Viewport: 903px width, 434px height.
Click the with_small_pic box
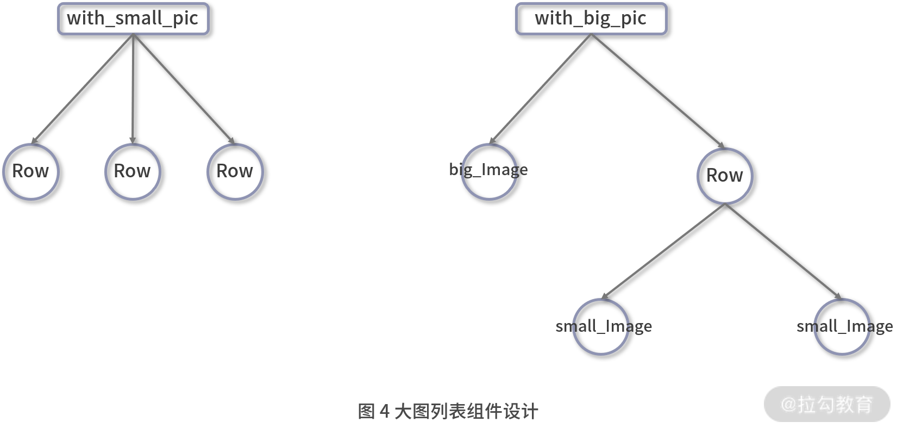coord(133,19)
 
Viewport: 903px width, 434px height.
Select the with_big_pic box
coord(591,19)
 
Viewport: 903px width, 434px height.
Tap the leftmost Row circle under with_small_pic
coord(31,171)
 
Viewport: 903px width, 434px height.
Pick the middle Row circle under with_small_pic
coord(133,171)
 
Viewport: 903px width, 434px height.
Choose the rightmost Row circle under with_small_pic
coord(235,171)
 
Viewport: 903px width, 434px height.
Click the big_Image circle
coord(489,171)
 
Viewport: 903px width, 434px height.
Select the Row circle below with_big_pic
coord(725,176)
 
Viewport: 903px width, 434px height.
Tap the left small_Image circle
coord(601,327)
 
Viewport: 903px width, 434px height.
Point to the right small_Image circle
coord(842,327)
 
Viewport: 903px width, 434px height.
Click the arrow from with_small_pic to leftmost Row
coord(82,89)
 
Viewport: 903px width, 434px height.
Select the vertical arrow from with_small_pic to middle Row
coord(133,89)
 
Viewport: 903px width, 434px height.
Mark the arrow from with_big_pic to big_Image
coord(540,89)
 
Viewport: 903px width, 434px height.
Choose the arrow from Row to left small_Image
coord(663,252)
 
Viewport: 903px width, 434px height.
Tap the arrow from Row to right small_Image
coord(783,252)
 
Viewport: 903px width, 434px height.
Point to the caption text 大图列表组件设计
coord(466,411)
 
